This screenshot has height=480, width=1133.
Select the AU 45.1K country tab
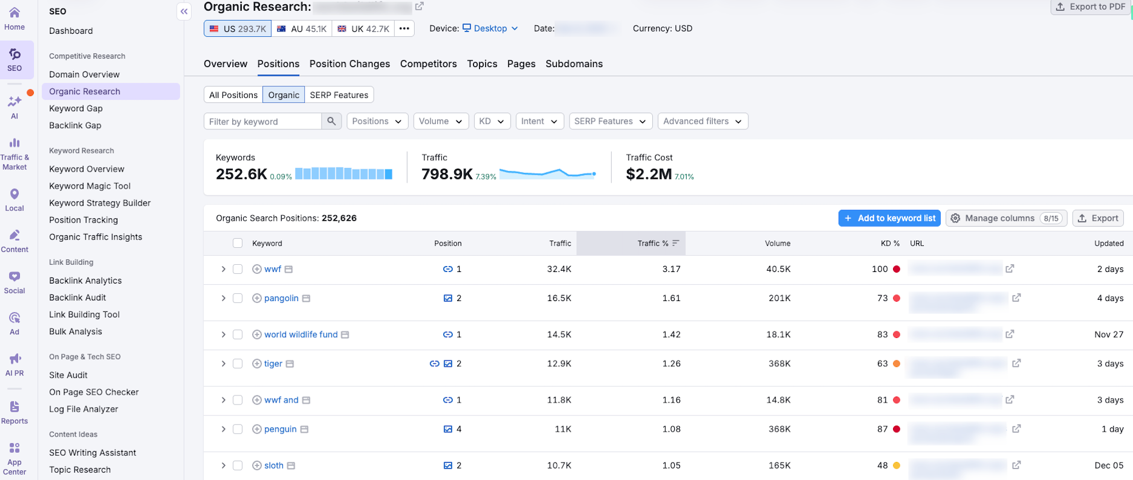click(x=301, y=28)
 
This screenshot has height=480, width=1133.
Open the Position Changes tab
click(x=349, y=63)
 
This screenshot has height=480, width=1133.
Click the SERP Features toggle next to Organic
click(x=339, y=95)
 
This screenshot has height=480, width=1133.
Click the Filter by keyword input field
click(x=262, y=122)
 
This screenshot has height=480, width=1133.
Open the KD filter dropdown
click(x=492, y=121)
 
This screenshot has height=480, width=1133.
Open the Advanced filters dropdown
click(x=702, y=121)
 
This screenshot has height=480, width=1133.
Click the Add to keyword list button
click(x=889, y=218)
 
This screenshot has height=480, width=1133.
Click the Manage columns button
click(x=1006, y=218)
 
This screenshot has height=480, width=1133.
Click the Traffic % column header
click(x=653, y=243)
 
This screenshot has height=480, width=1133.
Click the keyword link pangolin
click(x=281, y=298)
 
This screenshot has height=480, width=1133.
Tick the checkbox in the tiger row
click(x=238, y=363)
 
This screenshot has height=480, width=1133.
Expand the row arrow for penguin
click(x=223, y=429)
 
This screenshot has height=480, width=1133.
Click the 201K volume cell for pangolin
click(x=779, y=298)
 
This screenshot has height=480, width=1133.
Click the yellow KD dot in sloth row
click(x=896, y=465)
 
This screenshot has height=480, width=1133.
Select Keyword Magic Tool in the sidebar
click(x=89, y=186)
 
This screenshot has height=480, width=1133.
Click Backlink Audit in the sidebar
click(x=77, y=297)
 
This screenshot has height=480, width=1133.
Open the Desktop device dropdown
click(x=490, y=28)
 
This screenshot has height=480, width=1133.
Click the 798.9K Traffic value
click(x=447, y=174)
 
